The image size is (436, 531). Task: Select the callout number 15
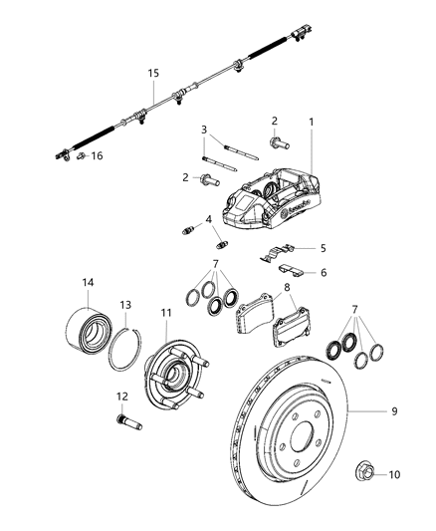coord(153,74)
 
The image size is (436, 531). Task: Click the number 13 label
coord(124,305)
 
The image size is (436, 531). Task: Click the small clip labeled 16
coord(83,156)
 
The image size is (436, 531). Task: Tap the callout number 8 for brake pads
coord(287,287)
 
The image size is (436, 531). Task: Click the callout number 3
coord(203,130)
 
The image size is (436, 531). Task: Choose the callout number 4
coord(208,219)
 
